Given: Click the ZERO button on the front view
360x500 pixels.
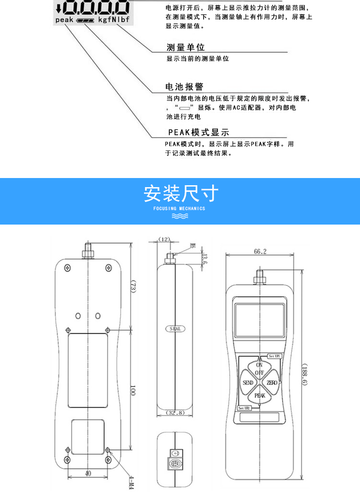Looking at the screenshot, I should [272, 383].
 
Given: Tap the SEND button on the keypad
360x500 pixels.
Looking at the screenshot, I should [248, 383].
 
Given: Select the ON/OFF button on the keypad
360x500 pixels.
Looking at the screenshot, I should [259, 369].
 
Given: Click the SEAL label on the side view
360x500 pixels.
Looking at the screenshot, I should [175, 329].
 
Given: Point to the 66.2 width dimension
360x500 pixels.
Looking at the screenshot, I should [260, 251].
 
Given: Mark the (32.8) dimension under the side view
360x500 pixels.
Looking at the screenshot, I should [175, 413].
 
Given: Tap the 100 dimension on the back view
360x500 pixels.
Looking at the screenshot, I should [132, 390].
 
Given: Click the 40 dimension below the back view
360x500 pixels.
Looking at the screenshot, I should [88, 473].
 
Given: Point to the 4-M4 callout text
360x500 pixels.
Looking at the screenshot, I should [131, 481].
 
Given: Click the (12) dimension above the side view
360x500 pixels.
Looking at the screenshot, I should [165, 239].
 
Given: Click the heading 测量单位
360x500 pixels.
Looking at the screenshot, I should [186, 48].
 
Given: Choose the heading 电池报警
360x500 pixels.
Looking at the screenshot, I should [184, 87].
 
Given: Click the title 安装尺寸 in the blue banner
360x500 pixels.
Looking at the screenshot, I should [181, 193].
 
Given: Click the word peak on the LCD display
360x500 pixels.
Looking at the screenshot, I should [64, 20].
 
